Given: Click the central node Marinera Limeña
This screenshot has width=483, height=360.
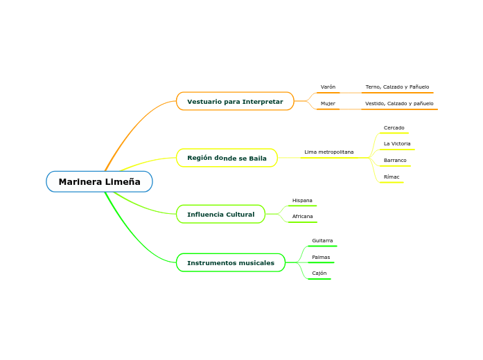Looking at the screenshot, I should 99,182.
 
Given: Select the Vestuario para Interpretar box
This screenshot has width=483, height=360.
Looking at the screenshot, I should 235,102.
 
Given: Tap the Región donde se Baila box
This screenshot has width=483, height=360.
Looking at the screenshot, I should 227,159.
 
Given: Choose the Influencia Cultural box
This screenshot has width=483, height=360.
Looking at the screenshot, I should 220,215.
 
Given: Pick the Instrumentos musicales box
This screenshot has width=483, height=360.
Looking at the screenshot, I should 231,263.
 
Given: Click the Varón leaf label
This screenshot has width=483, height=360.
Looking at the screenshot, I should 328,87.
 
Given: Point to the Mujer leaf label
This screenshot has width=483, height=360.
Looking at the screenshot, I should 328,104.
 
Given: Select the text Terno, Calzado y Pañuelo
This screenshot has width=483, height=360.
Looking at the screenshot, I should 397,87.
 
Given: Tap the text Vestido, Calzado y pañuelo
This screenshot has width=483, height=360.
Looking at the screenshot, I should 399,104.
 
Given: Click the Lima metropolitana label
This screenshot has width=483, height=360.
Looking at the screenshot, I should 328,152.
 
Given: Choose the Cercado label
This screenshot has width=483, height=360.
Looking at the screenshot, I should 394,128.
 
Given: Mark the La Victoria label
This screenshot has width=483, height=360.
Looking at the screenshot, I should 397,144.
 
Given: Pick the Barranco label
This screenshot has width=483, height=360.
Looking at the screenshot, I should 395,161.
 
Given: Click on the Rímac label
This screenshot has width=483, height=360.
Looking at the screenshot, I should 392,177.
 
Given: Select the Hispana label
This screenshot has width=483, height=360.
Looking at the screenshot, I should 302,201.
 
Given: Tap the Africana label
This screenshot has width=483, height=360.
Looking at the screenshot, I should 302,217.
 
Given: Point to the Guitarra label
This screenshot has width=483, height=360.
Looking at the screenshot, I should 322,241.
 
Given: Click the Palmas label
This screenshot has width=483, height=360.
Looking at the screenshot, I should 321,258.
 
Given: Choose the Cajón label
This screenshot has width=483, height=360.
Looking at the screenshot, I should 319,273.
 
